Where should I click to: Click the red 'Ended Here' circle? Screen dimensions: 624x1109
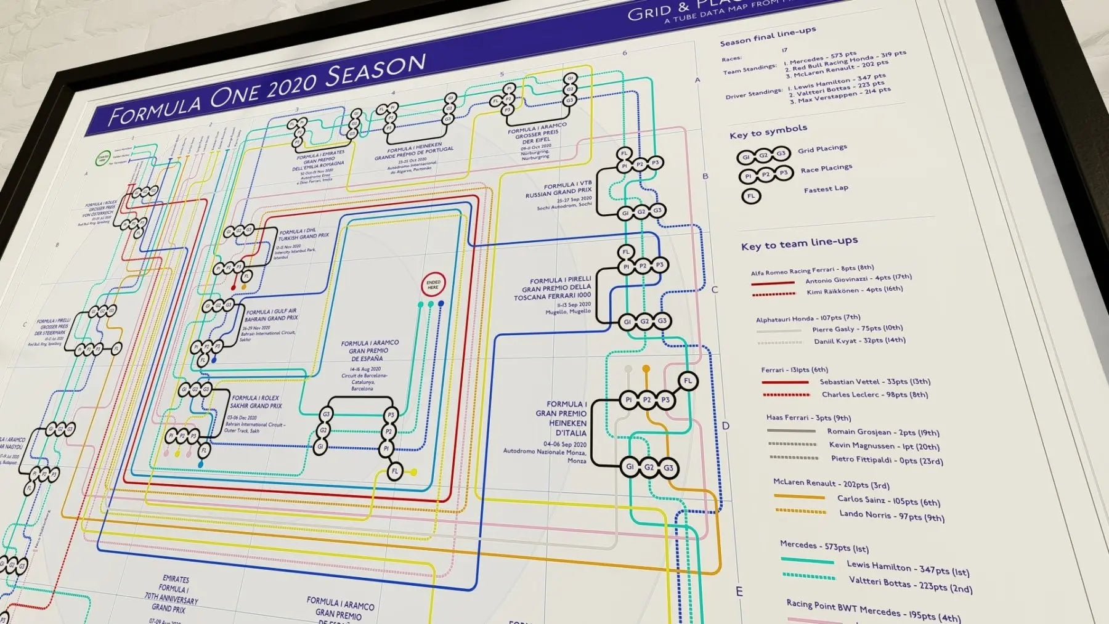[433, 285]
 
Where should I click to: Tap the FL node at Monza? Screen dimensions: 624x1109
[688, 381]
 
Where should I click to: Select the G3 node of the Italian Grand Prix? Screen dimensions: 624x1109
[668, 468]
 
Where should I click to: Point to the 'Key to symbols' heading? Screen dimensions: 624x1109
[768, 132]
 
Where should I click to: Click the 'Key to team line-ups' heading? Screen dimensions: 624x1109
[799, 243]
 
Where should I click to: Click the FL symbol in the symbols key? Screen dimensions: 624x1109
[750, 197]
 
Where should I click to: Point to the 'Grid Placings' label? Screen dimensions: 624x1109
[822, 149]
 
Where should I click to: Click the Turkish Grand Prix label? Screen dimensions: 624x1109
[304, 235]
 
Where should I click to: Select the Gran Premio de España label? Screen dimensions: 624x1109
[370, 350]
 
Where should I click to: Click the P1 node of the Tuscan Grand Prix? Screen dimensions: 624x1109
[626, 267]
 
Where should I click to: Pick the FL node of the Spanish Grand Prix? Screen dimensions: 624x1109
[395, 472]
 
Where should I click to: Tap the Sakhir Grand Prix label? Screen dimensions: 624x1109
[256, 402]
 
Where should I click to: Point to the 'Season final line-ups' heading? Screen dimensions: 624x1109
[768, 36]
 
